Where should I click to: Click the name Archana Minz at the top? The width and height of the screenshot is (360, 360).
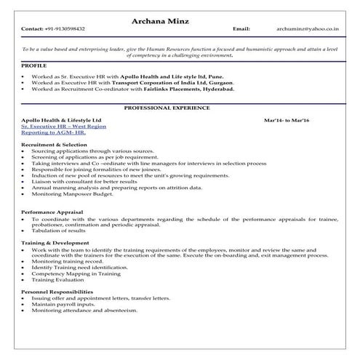(180, 19)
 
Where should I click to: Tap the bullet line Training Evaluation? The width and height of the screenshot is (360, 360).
(59, 279)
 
